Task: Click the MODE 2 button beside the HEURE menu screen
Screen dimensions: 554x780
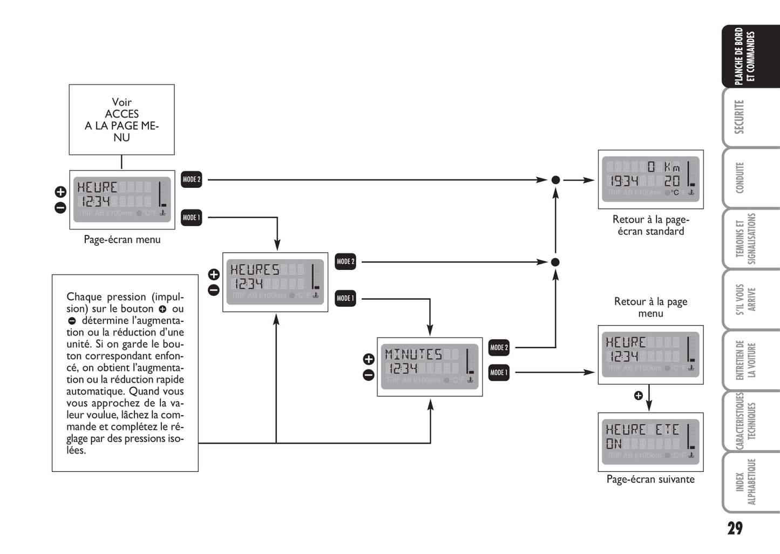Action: click(x=191, y=179)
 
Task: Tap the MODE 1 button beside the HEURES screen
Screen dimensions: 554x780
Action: click(x=345, y=298)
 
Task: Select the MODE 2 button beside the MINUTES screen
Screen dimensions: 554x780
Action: click(x=499, y=348)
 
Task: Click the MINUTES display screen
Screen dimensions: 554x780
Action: click(x=430, y=367)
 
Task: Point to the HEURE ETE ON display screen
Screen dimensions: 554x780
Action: click(x=650, y=442)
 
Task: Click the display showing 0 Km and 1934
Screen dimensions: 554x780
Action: click(x=650, y=179)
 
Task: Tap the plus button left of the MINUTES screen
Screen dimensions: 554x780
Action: click(x=369, y=359)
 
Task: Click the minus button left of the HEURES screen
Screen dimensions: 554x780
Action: click(x=214, y=290)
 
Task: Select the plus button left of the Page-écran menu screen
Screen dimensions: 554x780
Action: click(x=60, y=192)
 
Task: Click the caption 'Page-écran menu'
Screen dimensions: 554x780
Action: click(x=122, y=239)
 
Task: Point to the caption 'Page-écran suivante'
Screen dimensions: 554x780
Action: click(x=650, y=479)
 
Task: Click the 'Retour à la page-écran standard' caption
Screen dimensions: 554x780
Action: click(x=650, y=225)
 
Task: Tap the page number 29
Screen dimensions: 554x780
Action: click(x=735, y=528)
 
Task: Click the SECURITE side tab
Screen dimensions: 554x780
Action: click(x=740, y=117)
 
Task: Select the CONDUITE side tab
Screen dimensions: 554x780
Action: click(x=740, y=178)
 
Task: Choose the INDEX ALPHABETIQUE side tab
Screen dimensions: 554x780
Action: click(x=745, y=482)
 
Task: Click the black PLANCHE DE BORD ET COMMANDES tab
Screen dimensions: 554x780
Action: click(x=745, y=56)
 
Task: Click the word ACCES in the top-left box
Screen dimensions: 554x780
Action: click(x=121, y=114)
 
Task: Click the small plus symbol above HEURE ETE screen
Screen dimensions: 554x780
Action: click(x=638, y=396)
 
